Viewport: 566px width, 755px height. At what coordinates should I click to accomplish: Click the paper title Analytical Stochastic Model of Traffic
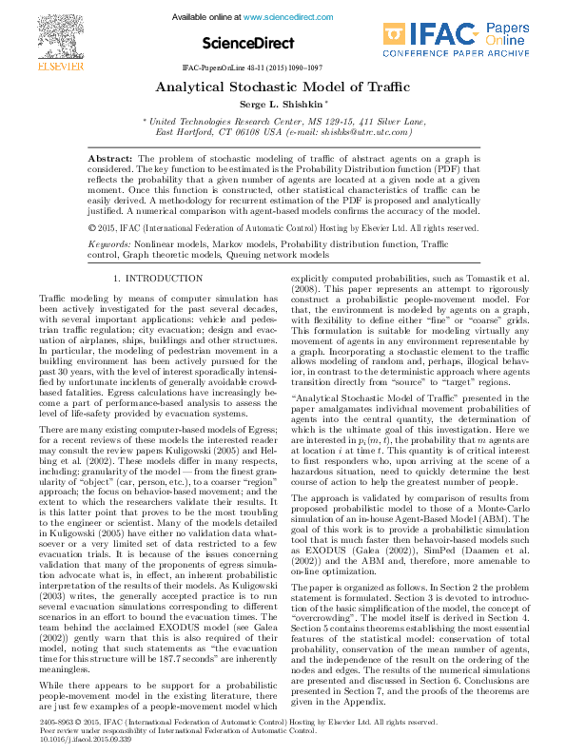[x=282, y=87]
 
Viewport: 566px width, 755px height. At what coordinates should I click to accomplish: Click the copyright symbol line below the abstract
[x=283, y=228]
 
